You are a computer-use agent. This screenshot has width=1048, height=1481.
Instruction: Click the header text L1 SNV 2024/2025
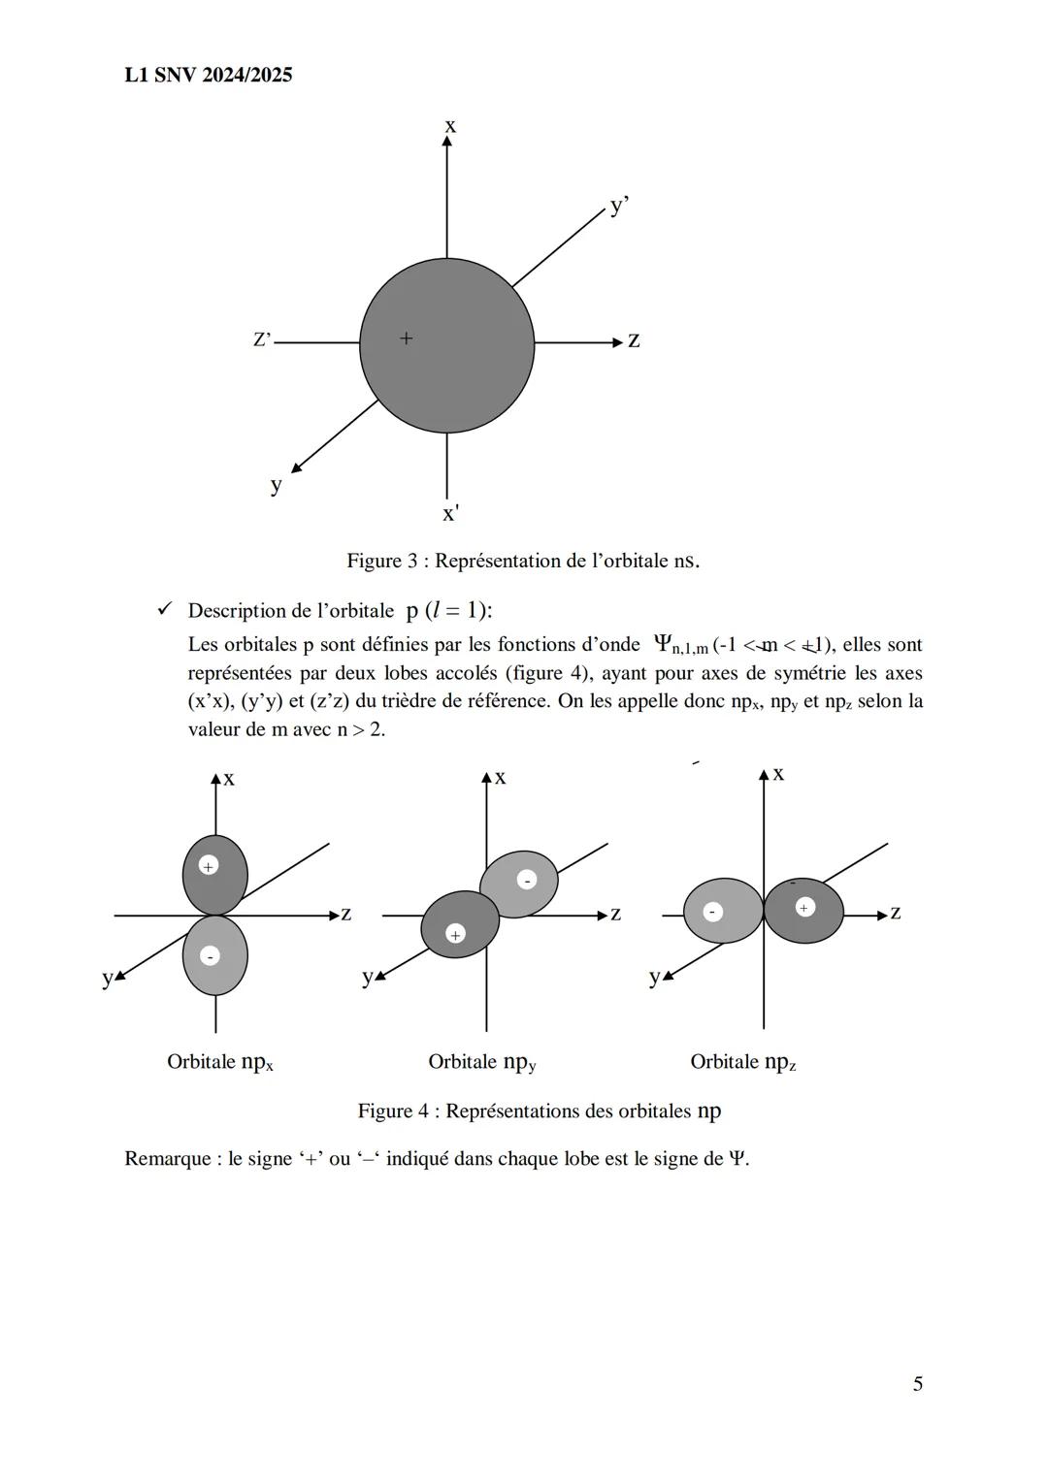click(x=209, y=75)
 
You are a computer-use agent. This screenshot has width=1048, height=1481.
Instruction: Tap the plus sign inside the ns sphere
click(x=406, y=338)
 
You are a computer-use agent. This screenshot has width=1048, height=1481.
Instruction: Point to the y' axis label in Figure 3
click(x=619, y=207)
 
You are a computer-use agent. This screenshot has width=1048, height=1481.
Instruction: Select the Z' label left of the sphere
click(x=262, y=339)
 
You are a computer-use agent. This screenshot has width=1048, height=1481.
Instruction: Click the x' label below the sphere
click(x=450, y=513)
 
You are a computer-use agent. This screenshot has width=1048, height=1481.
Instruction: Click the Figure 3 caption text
click(x=523, y=561)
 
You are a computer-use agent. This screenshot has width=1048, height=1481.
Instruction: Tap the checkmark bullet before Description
click(x=164, y=610)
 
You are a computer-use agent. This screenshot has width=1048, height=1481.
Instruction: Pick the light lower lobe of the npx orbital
click(x=215, y=956)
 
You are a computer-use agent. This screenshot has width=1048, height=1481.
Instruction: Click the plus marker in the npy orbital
click(x=455, y=933)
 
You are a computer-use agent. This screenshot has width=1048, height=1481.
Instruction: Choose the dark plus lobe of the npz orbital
click(x=803, y=912)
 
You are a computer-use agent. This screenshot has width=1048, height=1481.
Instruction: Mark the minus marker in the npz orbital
click(x=712, y=912)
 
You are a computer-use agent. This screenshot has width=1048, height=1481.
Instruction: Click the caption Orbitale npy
click(x=482, y=1062)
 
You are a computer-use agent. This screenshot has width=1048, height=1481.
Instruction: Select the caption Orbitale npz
click(x=742, y=1062)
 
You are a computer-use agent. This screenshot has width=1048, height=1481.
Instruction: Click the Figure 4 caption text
click(x=539, y=1111)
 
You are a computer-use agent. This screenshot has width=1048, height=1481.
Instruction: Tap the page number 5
click(x=917, y=1384)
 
